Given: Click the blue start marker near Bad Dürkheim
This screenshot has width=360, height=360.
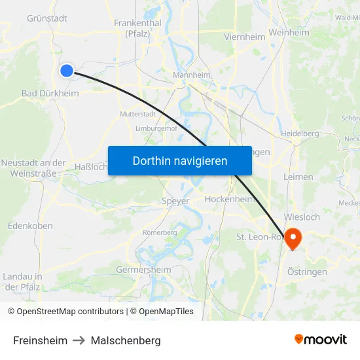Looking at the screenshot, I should click(x=67, y=71).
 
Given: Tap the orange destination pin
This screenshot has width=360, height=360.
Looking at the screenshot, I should click(x=293, y=238).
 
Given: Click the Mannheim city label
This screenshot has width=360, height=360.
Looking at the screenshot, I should click(x=191, y=75).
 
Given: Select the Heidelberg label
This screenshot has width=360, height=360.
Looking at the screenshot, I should click(x=299, y=134).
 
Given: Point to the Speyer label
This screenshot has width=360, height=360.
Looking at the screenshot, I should click(x=175, y=201).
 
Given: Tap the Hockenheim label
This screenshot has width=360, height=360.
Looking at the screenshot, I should click(x=229, y=199).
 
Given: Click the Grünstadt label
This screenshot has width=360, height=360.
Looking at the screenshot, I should click(x=47, y=18).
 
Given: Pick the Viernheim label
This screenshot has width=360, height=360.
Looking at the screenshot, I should click(x=245, y=37).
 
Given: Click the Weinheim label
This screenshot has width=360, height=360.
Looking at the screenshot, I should click(x=289, y=32).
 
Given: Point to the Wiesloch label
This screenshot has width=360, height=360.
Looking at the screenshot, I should click(x=302, y=217).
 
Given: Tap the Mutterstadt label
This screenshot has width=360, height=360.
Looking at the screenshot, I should click(x=137, y=114).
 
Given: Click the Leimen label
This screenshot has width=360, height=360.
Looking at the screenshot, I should click(x=298, y=177).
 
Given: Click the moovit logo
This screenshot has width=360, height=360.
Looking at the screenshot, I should click(x=321, y=339).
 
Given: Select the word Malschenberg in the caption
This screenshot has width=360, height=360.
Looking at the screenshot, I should click(x=126, y=340).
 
